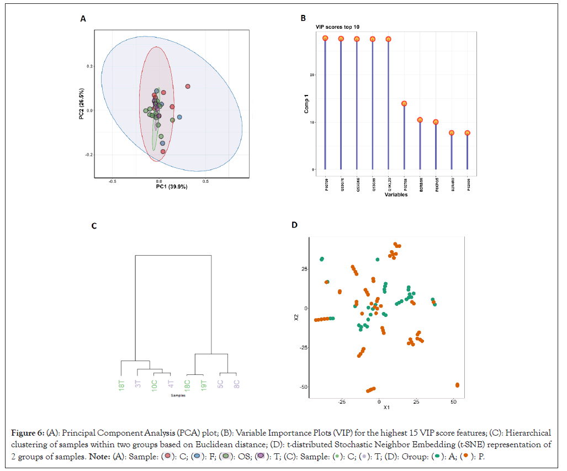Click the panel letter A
pyautogui.click(x=83, y=19)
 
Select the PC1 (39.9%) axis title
pyautogui.click(x=172, y=187)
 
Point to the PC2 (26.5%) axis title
pyautogui.click(x=82, y=105)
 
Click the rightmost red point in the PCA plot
pyautogui.click(x=188, y=86)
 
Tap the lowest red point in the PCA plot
pyautogui.click(x=163, y=151)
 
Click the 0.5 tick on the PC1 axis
pyautogui.click(x=205, y=181)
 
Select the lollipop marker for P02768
pyautogui.click(x=404, y=103)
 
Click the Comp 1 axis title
pyautogui.click(x=306, y=103)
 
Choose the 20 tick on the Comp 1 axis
pyautogui.click(x=312, y=75)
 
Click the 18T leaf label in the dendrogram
pyautogui.click(x=122, y=385)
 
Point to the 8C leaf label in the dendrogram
pyautogui.click(x=236, y=384)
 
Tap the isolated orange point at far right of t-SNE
pyautogui.click(x=457, y=385)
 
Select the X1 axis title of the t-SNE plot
pyautogui.click(x=386, y=408)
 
